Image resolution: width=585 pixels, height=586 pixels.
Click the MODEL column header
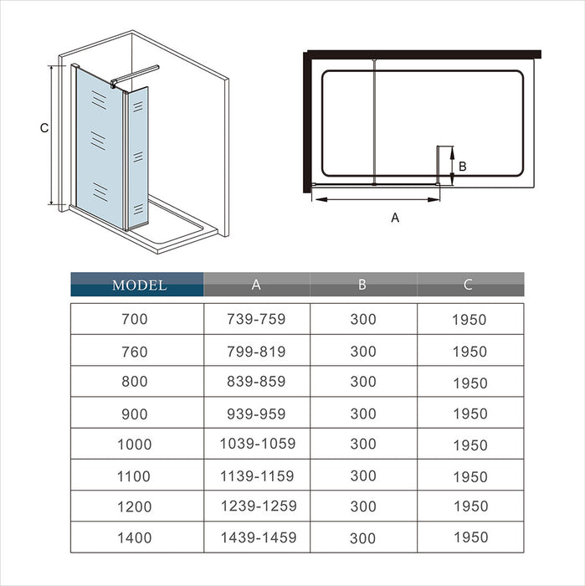coord(139,285)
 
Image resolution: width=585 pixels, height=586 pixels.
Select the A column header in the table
coord(256,285)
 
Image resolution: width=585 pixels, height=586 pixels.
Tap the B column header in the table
coord(362,285)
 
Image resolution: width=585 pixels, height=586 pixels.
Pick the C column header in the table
coord(468,285)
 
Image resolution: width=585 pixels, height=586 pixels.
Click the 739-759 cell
coord(256,319)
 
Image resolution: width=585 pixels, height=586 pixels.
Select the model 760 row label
coord(135,352)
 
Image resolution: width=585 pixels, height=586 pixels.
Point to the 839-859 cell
coord(256,381)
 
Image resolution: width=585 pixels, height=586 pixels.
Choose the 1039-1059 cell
coord(258,444)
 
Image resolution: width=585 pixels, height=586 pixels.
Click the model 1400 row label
coord(135,537)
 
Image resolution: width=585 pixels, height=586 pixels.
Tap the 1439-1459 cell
coord(259,537)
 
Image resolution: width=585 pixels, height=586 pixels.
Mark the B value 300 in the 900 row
coord(363,414)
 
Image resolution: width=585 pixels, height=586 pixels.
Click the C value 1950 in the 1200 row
coord(471,506)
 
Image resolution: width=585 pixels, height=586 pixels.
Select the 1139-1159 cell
coord(257,476)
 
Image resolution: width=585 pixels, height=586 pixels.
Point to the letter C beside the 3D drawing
coord(44,128)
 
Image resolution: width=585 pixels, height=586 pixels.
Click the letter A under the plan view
coord(395,217)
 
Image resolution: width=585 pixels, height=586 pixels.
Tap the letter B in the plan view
coord(463,167)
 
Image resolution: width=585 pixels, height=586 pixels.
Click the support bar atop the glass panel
coord(136,75)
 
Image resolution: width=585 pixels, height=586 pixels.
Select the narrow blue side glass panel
coord(138,157)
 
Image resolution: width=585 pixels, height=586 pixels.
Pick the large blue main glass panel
coord(100,147)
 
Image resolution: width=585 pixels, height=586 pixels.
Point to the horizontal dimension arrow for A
coord(376,199)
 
